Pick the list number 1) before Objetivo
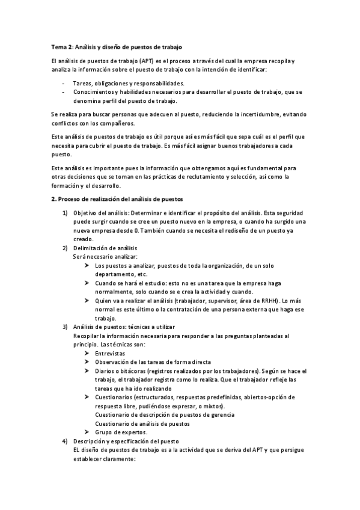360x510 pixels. click(x=65, y=213)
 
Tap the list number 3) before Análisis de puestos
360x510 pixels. click(x=65, y=327)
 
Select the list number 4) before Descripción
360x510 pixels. click(x=65, y=441)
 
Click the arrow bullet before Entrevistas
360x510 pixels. click(x=87, y=353)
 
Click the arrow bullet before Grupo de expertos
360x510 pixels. click(x=87, y=432)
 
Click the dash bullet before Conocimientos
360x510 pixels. click(x=63, y=92)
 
